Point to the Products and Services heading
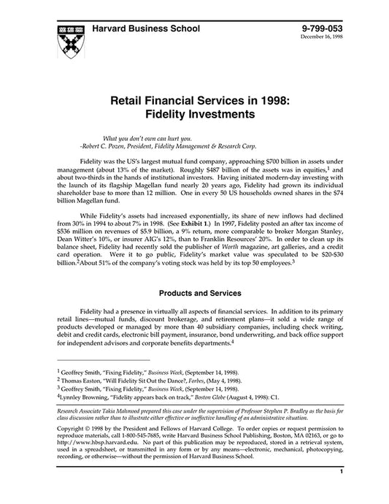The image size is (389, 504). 201,294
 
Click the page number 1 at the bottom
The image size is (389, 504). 341,494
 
